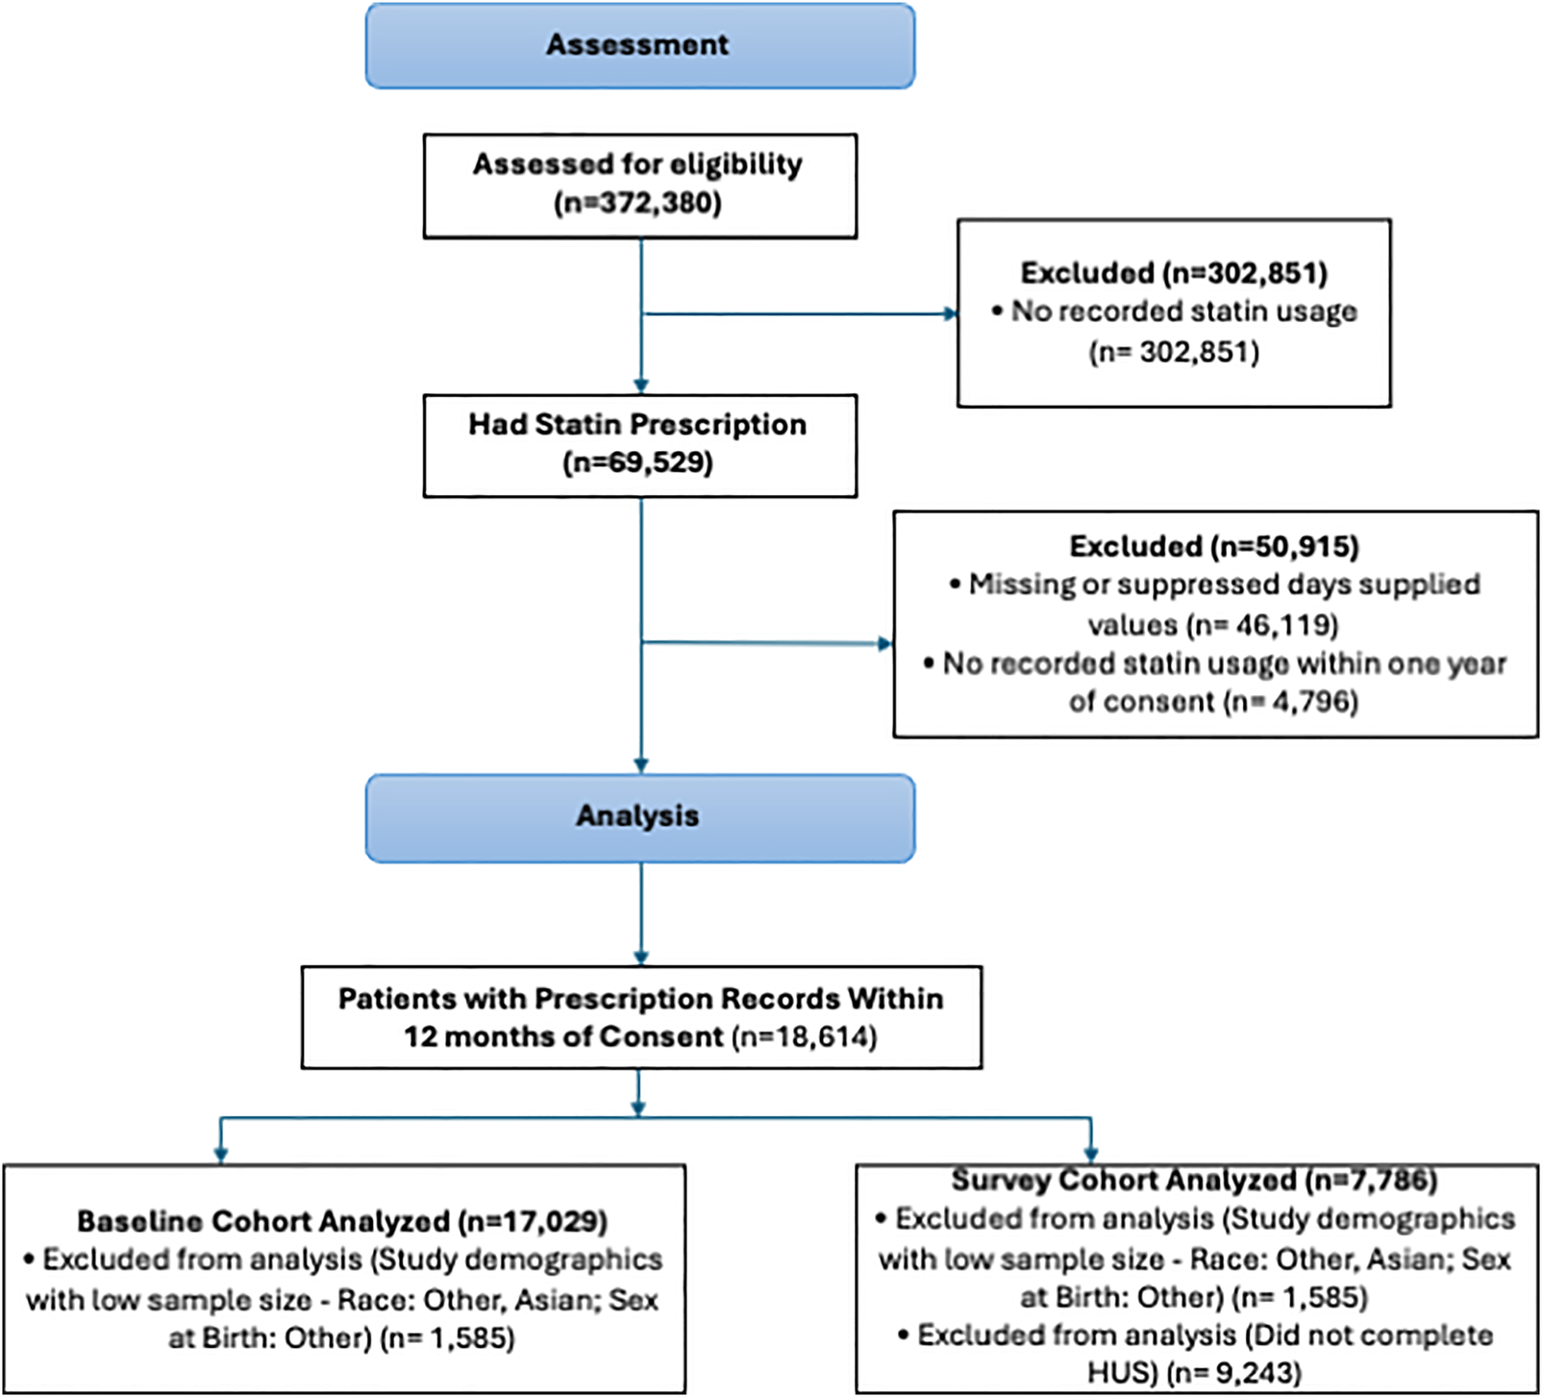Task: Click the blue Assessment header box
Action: click(639, 45)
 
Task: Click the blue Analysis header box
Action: click(639, 817)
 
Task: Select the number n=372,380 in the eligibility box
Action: click(638, 204)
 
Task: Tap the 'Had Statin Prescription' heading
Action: click(637, 424)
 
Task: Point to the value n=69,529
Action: click(638, 463)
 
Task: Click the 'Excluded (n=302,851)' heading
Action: click(1174, 273)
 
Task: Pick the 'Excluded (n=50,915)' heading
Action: click(1214, 546)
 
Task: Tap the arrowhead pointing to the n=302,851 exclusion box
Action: click(951, 313)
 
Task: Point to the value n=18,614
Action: click(805, 1037)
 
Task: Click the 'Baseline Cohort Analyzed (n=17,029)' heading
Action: click(342, 1221)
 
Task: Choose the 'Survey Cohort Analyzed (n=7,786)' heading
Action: click(1194, 1180)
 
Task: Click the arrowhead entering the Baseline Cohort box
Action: click(221, 1156)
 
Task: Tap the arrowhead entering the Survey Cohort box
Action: click(1091, 1155)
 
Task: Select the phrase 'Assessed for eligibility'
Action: click(637, 164)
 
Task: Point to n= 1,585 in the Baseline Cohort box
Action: click(448, 1338)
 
